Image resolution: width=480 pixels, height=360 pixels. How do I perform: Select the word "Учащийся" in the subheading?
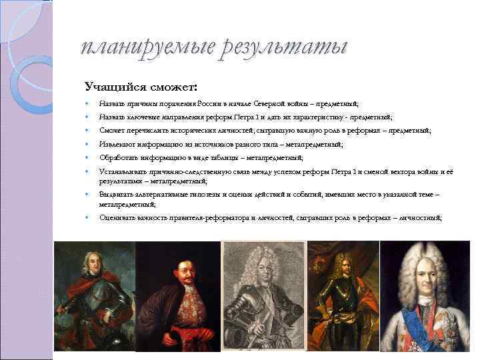(111, 86)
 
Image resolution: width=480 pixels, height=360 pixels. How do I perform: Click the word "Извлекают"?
(118, 144)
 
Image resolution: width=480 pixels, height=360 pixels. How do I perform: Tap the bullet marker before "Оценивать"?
(88, 218)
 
